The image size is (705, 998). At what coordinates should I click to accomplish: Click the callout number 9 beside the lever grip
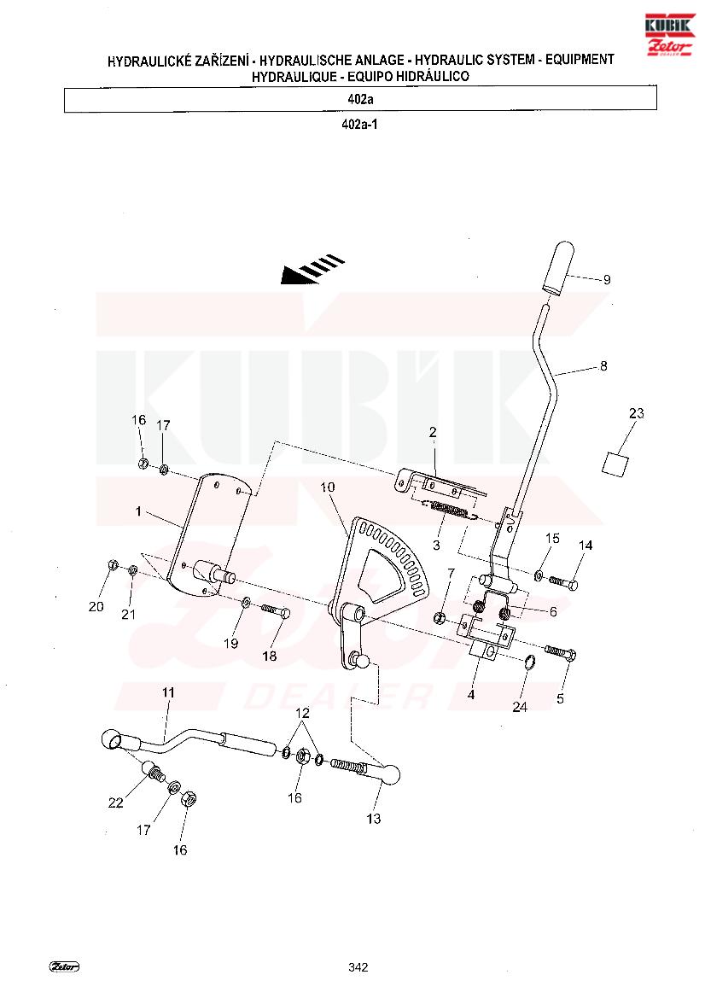tap(606, 279)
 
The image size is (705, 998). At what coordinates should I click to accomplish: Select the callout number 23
tap(636, 413)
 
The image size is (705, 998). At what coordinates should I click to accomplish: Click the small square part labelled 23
tap(615, 463)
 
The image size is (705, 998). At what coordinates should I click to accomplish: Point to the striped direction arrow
tap(312, 269)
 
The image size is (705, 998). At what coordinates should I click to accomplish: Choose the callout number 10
tap(327, 487)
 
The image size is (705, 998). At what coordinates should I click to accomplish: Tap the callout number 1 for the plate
tap(139, 511)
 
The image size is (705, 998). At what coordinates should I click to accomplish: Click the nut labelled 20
tap(112, 564)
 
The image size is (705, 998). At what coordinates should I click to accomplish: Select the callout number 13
tap(374, 819)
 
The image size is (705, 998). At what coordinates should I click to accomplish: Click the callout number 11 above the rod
tap(168, 692)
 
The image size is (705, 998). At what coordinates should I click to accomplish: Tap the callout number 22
tap(115, 802)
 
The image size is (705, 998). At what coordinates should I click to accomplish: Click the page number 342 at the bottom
tap(358, 966)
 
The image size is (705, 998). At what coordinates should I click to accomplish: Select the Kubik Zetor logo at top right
tap(669, 35)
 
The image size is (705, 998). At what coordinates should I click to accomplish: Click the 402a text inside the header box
tap(360, 99)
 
